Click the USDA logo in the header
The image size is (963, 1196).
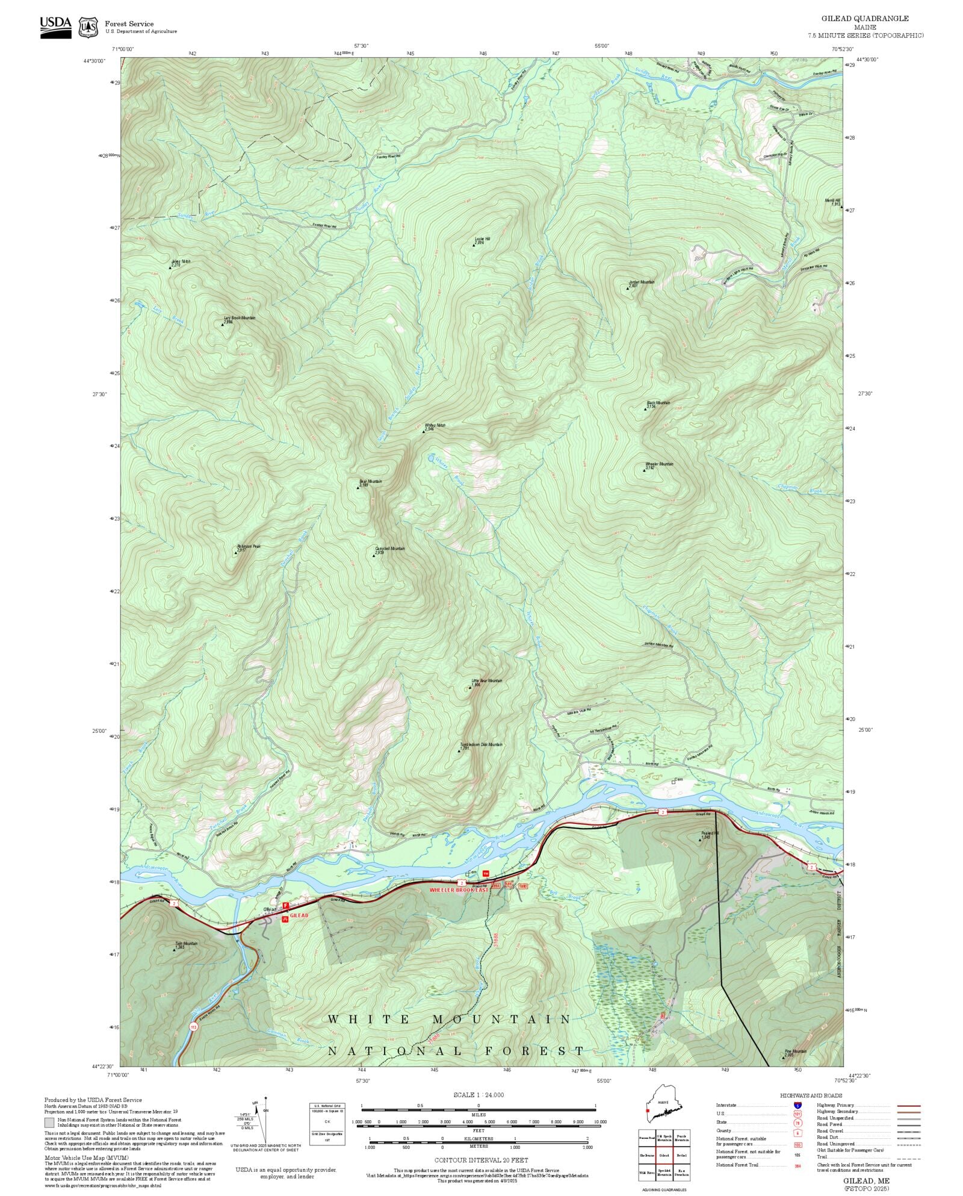55,27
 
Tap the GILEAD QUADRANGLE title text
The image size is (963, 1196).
865,19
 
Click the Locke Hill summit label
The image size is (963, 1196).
483,239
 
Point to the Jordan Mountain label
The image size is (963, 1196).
642,282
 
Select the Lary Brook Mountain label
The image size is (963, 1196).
240,318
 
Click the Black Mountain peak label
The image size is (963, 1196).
658,403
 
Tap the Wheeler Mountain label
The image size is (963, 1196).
659,464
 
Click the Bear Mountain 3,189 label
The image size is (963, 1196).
370,482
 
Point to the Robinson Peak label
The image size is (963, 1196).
249,547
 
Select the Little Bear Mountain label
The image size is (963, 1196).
486,681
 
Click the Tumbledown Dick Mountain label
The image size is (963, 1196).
482,745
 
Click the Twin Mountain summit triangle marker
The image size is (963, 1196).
175,950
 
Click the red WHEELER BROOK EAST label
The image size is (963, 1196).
459,889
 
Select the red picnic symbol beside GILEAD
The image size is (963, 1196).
285,919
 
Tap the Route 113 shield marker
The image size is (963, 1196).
193,1027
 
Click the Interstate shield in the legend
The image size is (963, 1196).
798,1106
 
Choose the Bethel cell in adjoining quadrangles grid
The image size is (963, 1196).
681,1155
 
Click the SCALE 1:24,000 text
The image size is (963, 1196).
478,1095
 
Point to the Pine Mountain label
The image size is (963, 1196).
796,1051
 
